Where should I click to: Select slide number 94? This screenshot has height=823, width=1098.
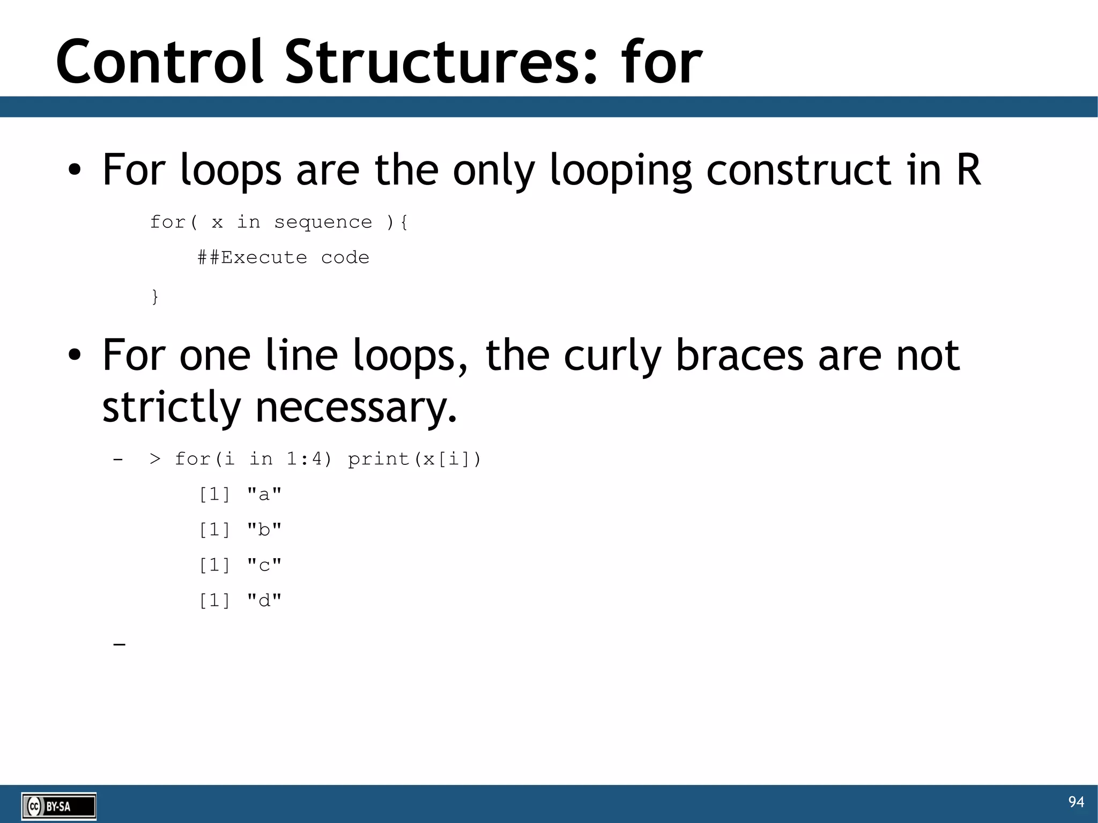pos(1075,802)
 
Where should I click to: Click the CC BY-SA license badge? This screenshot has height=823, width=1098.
pos(58,806)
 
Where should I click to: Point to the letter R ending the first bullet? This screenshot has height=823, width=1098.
pos(969,170)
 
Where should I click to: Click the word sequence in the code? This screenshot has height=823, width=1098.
pos(323,222)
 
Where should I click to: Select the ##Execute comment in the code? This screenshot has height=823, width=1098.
pos(252,257)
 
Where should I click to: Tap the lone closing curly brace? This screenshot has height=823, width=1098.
pos(155,296)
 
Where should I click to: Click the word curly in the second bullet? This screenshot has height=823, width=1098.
pos(612,355)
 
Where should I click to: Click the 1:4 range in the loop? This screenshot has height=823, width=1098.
pos(309,459)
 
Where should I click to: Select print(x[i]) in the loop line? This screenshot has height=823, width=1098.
pos(414,459)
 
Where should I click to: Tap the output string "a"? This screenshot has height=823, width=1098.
pos(264,494)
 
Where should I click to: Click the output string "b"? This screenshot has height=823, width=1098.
pos(264,529)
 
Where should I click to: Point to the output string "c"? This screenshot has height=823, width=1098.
pos(264,565)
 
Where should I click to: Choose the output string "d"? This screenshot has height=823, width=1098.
pos(264,600)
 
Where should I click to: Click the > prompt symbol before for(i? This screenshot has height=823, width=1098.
pos(155,459)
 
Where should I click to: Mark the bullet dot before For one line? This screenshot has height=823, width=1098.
pos(75,355)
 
